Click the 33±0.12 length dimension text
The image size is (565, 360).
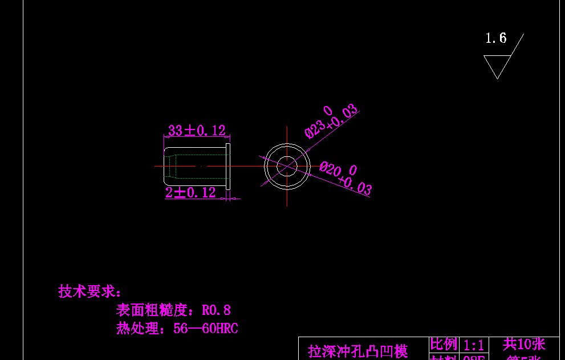[197, 131]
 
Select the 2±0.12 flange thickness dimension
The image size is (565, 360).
[191, 193]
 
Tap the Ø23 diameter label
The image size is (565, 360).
[317, 124]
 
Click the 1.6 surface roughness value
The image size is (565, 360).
[495, 38]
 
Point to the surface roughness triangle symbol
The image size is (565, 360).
[497, 65]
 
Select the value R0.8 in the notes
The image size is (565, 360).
[216, 310]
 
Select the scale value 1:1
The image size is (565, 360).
[474, 345]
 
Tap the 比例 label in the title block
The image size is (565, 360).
[444, 344]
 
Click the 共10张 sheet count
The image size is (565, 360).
[524, 344]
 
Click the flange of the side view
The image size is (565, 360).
[228, 167]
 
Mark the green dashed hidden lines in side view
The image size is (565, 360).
[176, 167]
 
